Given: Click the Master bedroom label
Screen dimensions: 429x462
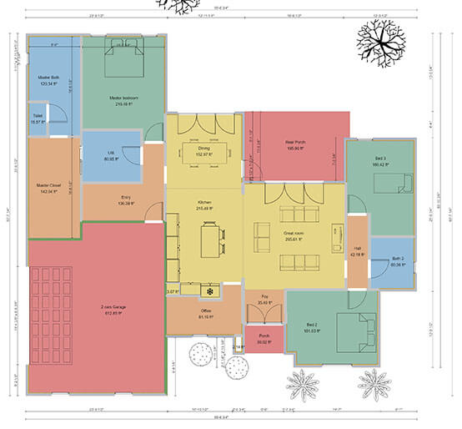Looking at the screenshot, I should tap(123, 98).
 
